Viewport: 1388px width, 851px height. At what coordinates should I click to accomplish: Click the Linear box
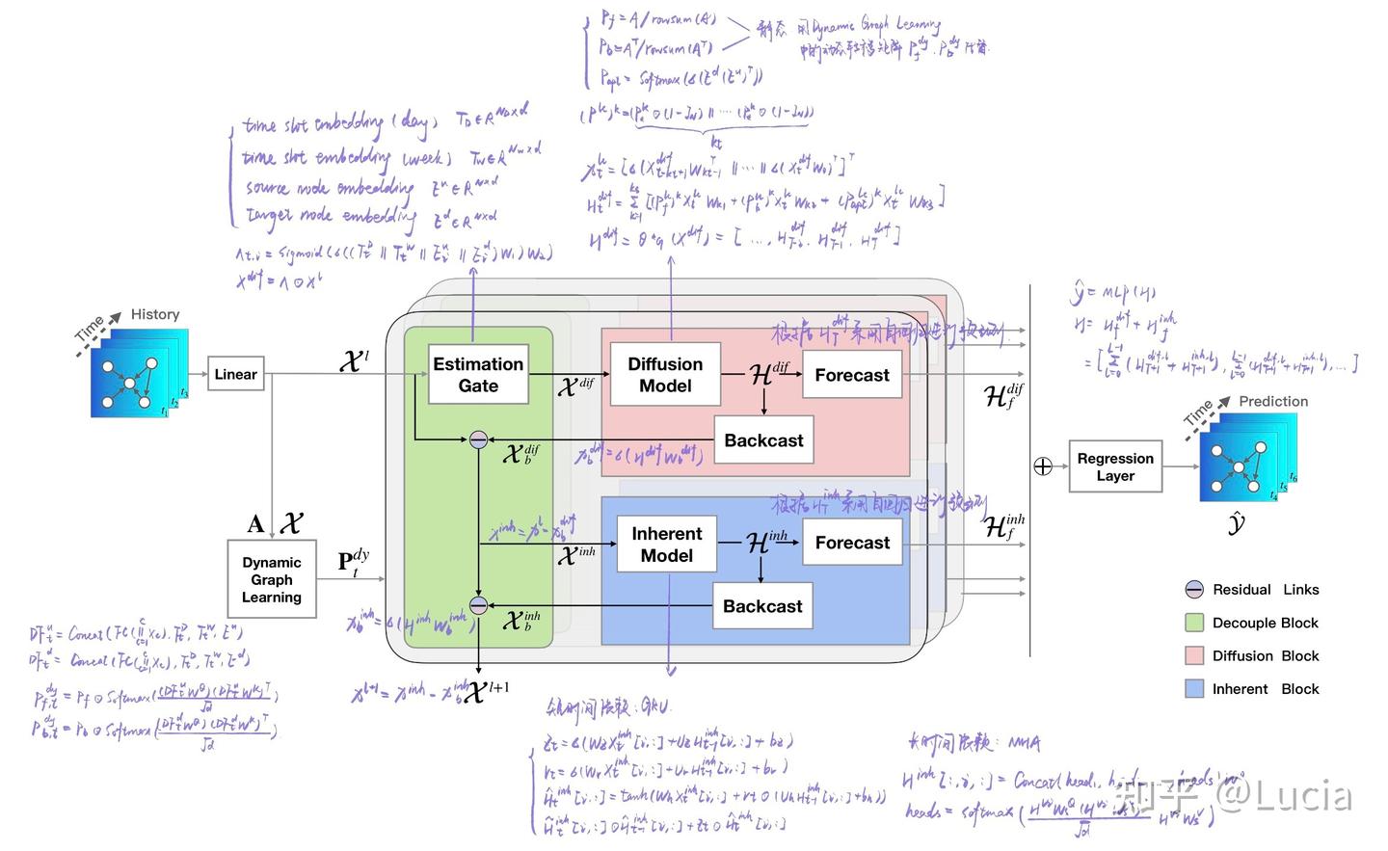coord(235,374)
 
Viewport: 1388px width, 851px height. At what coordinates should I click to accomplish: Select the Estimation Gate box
coord(478,374)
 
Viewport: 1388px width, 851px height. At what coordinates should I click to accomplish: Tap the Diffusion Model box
coord(665,374)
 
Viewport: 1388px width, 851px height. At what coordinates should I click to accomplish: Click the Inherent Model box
coord(666,545)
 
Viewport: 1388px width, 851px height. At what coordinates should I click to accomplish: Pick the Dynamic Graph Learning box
coord(271,579)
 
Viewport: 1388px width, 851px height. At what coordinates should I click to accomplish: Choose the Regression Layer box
coord(1114,466)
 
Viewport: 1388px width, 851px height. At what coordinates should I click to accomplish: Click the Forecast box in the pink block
coord(852,375)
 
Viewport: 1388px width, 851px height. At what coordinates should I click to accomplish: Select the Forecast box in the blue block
coord(852,543)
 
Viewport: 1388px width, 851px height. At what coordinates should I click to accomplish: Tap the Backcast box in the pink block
coord(763,440)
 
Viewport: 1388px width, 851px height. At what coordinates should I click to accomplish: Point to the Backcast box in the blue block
coord(762,606)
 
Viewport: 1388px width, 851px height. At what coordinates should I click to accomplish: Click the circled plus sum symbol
coord(1043,466)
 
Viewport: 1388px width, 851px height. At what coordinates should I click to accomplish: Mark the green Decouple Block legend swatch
coord(1194,623)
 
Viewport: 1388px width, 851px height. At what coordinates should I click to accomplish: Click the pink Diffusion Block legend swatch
coord(1194,655)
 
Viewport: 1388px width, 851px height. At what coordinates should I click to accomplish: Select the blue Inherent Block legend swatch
coord(1194,688)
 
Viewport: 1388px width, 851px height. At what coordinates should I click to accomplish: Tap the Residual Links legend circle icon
coord(1194,590)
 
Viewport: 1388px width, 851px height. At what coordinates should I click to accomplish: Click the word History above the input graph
coord(155,314)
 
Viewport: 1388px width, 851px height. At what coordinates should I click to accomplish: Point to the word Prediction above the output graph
coord(1273,401)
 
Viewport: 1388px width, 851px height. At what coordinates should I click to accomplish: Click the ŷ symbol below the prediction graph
coord(1237,523)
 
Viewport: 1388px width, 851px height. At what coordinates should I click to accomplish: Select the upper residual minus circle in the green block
coord(479,440)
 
